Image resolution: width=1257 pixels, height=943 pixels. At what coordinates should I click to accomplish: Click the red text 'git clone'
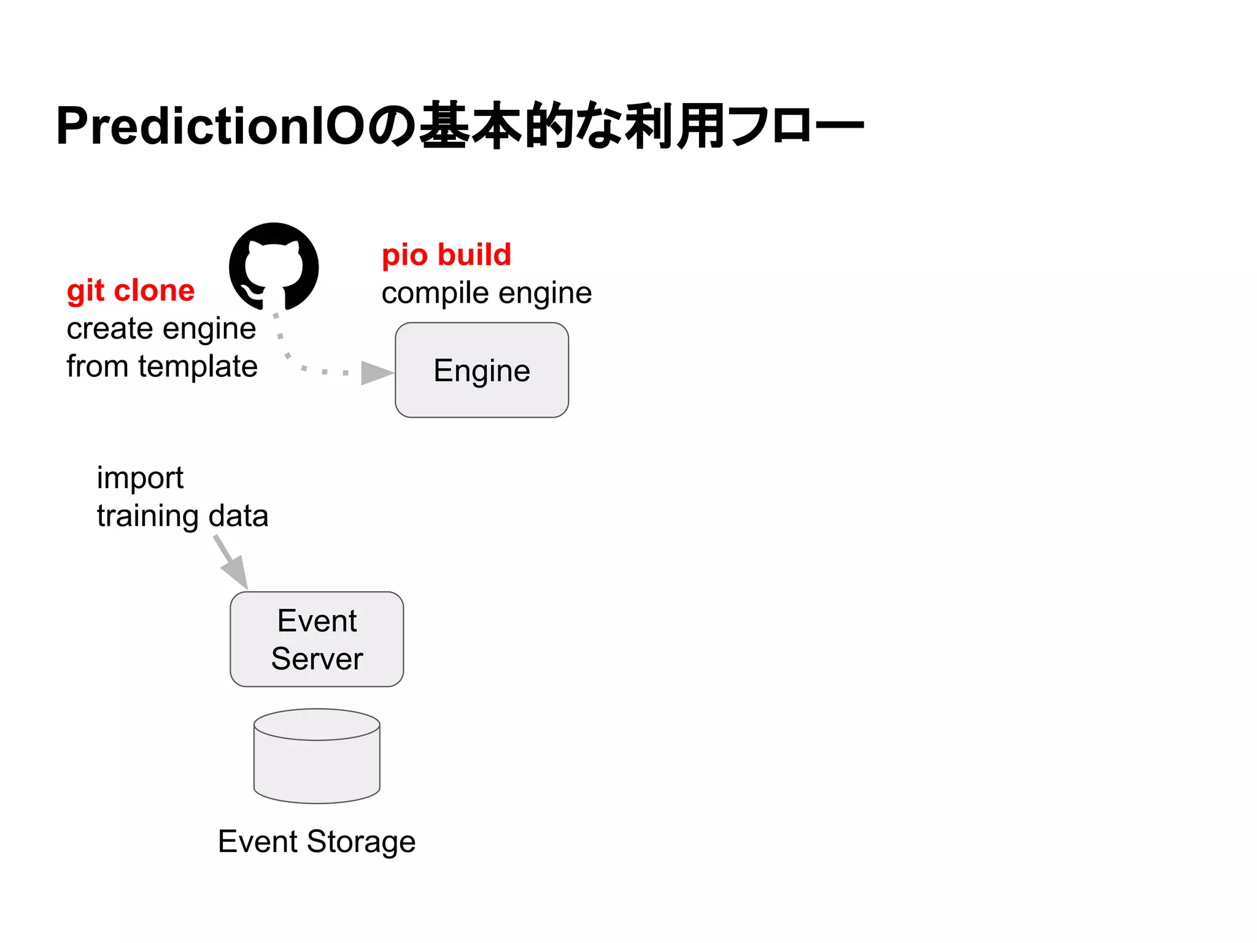point(131,290)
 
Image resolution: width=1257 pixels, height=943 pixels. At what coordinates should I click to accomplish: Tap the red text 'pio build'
point(446,255)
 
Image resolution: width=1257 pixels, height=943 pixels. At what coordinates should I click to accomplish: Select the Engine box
point(482,370)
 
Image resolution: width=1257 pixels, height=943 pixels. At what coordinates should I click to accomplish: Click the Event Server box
point(317,638)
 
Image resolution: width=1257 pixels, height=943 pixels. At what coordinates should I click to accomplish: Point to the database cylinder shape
point(317,756)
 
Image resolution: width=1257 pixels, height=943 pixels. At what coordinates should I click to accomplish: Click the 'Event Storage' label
point(317,841)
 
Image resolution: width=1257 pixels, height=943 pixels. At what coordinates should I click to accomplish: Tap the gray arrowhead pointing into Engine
point(376,373)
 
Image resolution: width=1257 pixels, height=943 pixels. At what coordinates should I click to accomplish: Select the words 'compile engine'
point(487,293)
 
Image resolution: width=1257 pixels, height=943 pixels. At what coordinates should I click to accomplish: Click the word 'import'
point(140,478)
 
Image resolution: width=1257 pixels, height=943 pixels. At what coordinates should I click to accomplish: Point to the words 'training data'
point(182,516)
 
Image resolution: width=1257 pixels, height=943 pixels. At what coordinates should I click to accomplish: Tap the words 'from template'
point(162,367)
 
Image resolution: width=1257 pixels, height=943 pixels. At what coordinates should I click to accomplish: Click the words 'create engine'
point(161,328)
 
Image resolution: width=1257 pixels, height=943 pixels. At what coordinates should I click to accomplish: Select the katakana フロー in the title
point(798,126)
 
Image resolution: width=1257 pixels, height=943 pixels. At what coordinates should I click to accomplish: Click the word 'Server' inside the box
point(317,659)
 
